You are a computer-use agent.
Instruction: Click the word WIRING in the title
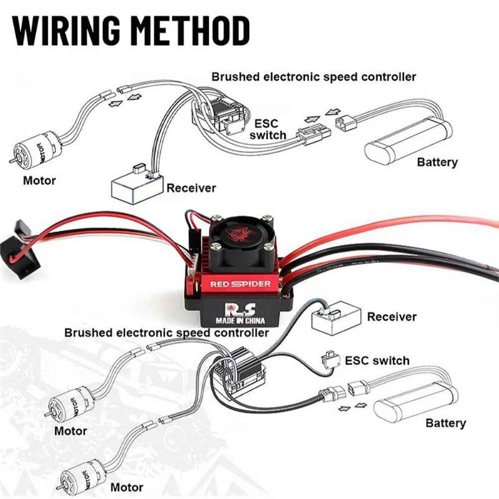66,30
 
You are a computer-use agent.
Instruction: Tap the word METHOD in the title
190,30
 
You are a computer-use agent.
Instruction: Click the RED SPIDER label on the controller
240,284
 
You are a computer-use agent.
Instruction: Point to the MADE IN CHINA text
240,321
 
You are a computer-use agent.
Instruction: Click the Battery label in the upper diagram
437,163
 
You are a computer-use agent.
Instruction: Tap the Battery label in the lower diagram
446,423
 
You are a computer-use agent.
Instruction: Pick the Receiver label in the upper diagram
191,188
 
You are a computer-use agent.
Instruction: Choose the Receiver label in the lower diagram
392,317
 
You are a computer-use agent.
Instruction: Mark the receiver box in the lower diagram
336,318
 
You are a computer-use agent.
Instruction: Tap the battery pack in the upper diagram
408,141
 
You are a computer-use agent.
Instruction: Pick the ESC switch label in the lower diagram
377,360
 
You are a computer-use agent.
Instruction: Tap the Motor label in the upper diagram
39,181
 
